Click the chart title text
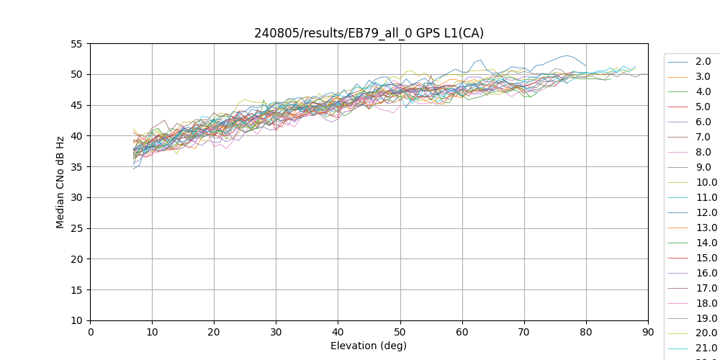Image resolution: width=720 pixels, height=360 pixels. (369, 33)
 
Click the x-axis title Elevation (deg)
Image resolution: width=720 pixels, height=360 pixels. (369, 346)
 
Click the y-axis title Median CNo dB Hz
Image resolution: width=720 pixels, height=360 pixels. (60, 182)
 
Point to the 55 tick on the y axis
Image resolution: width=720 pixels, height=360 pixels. (76, 44)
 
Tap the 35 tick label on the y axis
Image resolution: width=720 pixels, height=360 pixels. (76, 167)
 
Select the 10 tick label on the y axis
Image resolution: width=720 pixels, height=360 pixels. (76, 320)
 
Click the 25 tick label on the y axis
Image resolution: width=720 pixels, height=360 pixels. (76, 228)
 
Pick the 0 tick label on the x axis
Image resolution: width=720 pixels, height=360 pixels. (90, 332)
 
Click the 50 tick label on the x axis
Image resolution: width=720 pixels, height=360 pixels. (400, 332)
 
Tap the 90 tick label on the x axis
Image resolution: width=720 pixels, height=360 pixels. (648, 332)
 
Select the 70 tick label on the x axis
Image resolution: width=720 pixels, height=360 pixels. (524, 332)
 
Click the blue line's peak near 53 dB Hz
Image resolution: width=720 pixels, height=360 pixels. (567, 55)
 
